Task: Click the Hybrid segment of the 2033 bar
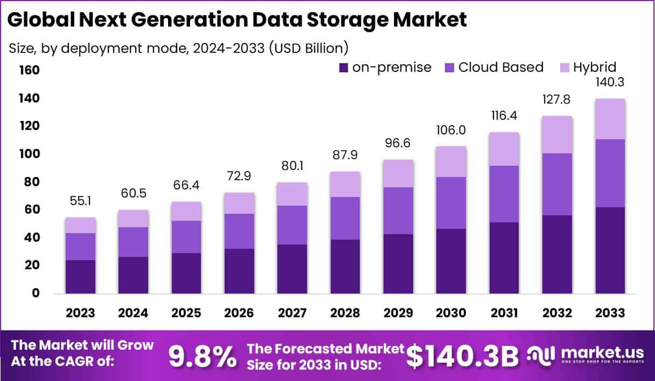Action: pos(610,119)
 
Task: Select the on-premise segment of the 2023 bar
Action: pos(80,277)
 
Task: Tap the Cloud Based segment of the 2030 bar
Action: pos(451,203)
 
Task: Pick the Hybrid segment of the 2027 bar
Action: pos(292,194)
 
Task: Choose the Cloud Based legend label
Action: pos(501,67)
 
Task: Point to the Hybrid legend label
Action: pos(594,67)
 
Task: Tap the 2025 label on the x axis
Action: pos(186,313)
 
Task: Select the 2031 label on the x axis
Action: pos(504,313)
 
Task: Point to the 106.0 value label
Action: pos(451,131)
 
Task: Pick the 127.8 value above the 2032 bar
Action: pos(557,100)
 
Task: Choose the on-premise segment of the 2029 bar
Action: pos(398,264)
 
